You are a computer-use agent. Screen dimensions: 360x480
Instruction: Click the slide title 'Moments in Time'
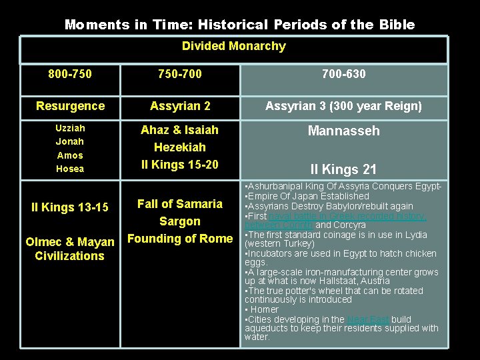239,25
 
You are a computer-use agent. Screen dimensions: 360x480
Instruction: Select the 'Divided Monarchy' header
233,46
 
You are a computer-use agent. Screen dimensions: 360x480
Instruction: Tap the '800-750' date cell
70,74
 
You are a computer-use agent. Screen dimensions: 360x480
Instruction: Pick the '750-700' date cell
179,74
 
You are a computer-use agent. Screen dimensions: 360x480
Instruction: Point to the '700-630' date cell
343,74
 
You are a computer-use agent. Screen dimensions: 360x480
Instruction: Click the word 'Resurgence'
70,106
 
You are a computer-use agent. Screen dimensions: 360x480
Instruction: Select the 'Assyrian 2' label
179,106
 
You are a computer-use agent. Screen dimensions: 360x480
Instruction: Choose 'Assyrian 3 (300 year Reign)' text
343,106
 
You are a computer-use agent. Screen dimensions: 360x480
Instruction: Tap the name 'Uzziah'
70,127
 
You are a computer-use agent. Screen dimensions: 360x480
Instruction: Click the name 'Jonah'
70,141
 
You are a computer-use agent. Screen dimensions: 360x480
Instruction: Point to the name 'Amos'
70,155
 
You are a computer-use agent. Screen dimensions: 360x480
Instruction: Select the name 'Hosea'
70,169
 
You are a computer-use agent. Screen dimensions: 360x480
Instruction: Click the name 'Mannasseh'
343,131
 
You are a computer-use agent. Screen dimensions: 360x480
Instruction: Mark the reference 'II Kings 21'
343,169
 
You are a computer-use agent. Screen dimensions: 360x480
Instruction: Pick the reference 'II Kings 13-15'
70,207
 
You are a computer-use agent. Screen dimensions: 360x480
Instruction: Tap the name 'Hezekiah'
179,147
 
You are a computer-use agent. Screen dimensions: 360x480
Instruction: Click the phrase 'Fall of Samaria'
179,203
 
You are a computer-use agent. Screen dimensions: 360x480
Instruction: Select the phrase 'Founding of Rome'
179,238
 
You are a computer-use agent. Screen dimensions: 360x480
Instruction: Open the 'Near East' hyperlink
367,319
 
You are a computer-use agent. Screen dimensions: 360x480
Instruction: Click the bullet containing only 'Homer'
265,309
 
